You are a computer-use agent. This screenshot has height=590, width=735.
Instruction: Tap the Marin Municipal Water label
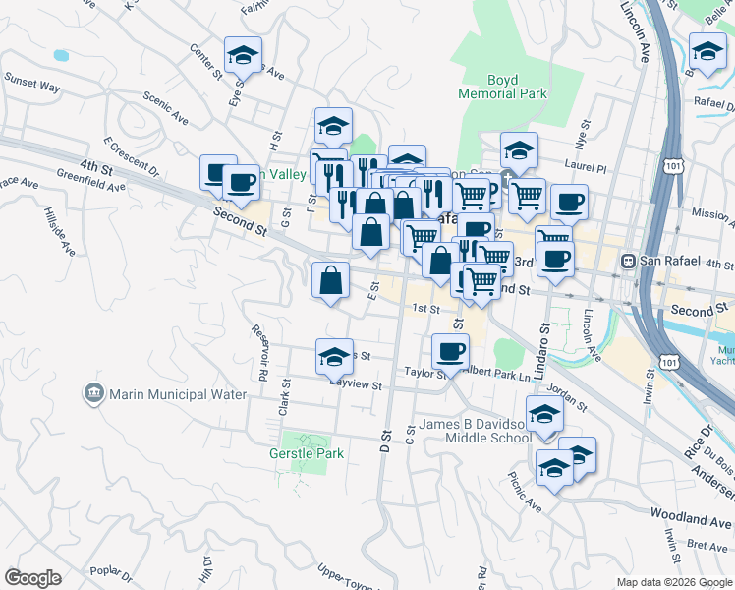[x=173, y=394]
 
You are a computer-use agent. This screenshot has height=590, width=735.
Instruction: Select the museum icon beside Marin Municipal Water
[x=94, y=394]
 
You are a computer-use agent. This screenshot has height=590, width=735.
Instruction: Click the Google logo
[x=32, y=578]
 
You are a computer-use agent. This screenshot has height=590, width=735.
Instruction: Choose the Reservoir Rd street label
[x=260, y=352]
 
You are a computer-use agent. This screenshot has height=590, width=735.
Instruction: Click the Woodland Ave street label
[x=692, y=514]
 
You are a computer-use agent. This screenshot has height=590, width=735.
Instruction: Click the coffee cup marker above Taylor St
[x=450, y=350]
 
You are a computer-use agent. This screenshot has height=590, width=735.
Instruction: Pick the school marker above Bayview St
[x=334, y=356]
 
